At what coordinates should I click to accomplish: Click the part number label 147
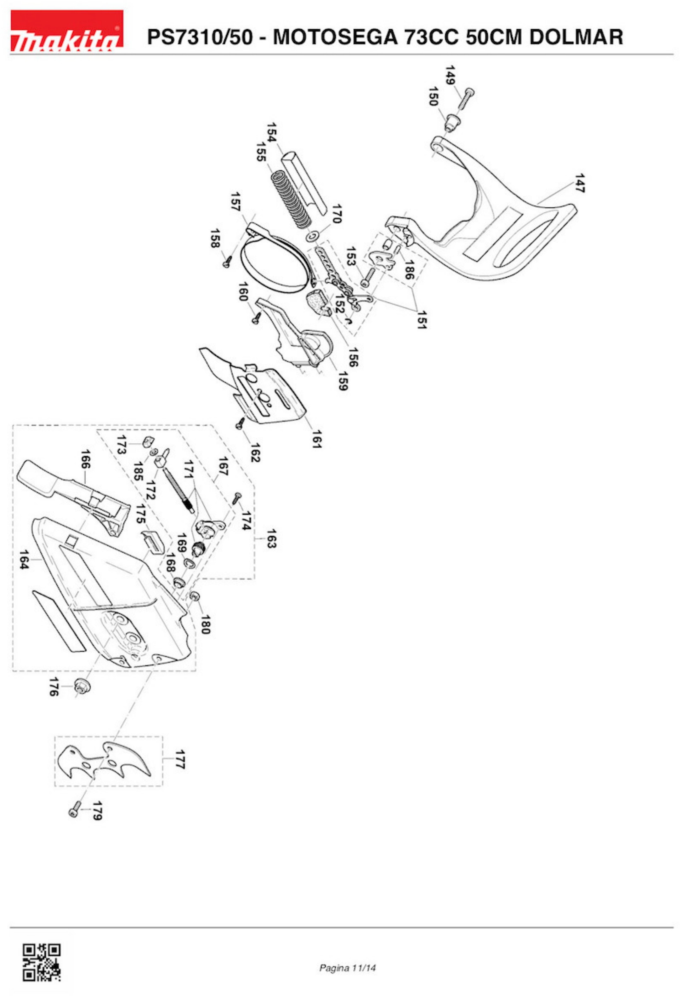click(579, 183)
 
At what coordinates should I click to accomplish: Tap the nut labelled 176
click(81, 686)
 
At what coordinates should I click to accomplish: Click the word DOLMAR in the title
click(575, 37)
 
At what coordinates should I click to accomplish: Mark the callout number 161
click(316, 438)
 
